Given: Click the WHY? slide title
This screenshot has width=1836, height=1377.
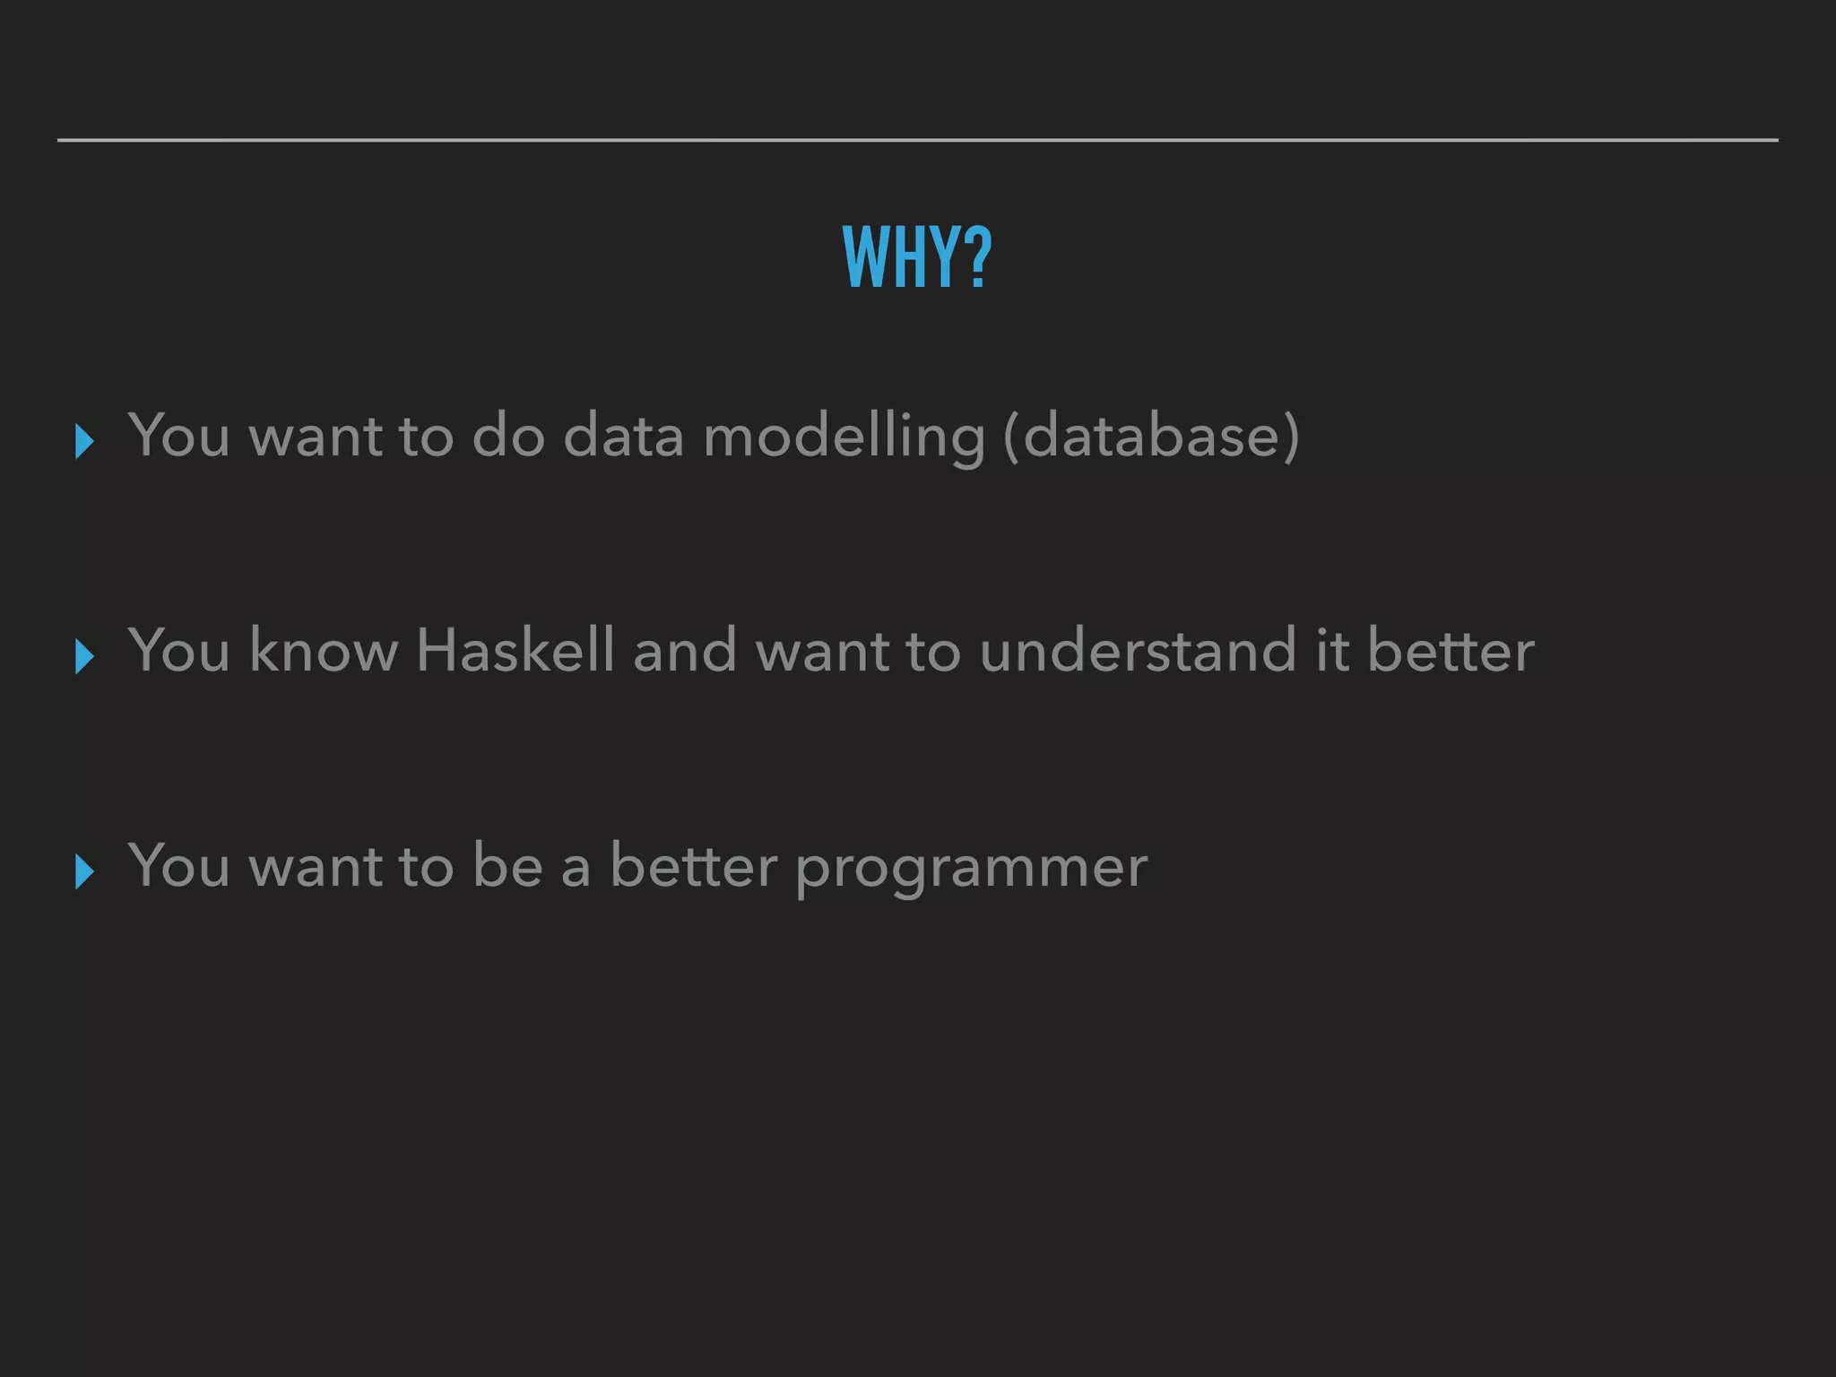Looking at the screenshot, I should (916, 257).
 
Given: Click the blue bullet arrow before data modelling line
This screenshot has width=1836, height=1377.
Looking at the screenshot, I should (85, 441).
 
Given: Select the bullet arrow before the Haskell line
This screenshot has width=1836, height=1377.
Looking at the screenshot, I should (85, 656).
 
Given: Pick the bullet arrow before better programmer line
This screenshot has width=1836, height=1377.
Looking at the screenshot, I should (85, 871).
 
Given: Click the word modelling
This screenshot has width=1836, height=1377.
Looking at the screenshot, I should (844, 437).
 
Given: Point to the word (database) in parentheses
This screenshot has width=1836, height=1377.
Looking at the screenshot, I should (1151, 437).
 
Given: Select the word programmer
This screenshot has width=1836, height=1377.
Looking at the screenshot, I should (971, 868).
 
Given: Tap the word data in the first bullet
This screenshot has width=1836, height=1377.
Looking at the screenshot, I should (624, 437).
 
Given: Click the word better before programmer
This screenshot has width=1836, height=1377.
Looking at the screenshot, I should (693, 866).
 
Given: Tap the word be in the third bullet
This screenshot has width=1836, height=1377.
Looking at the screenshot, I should (507, 866).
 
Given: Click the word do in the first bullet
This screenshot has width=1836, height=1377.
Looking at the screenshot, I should (508, 437).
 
